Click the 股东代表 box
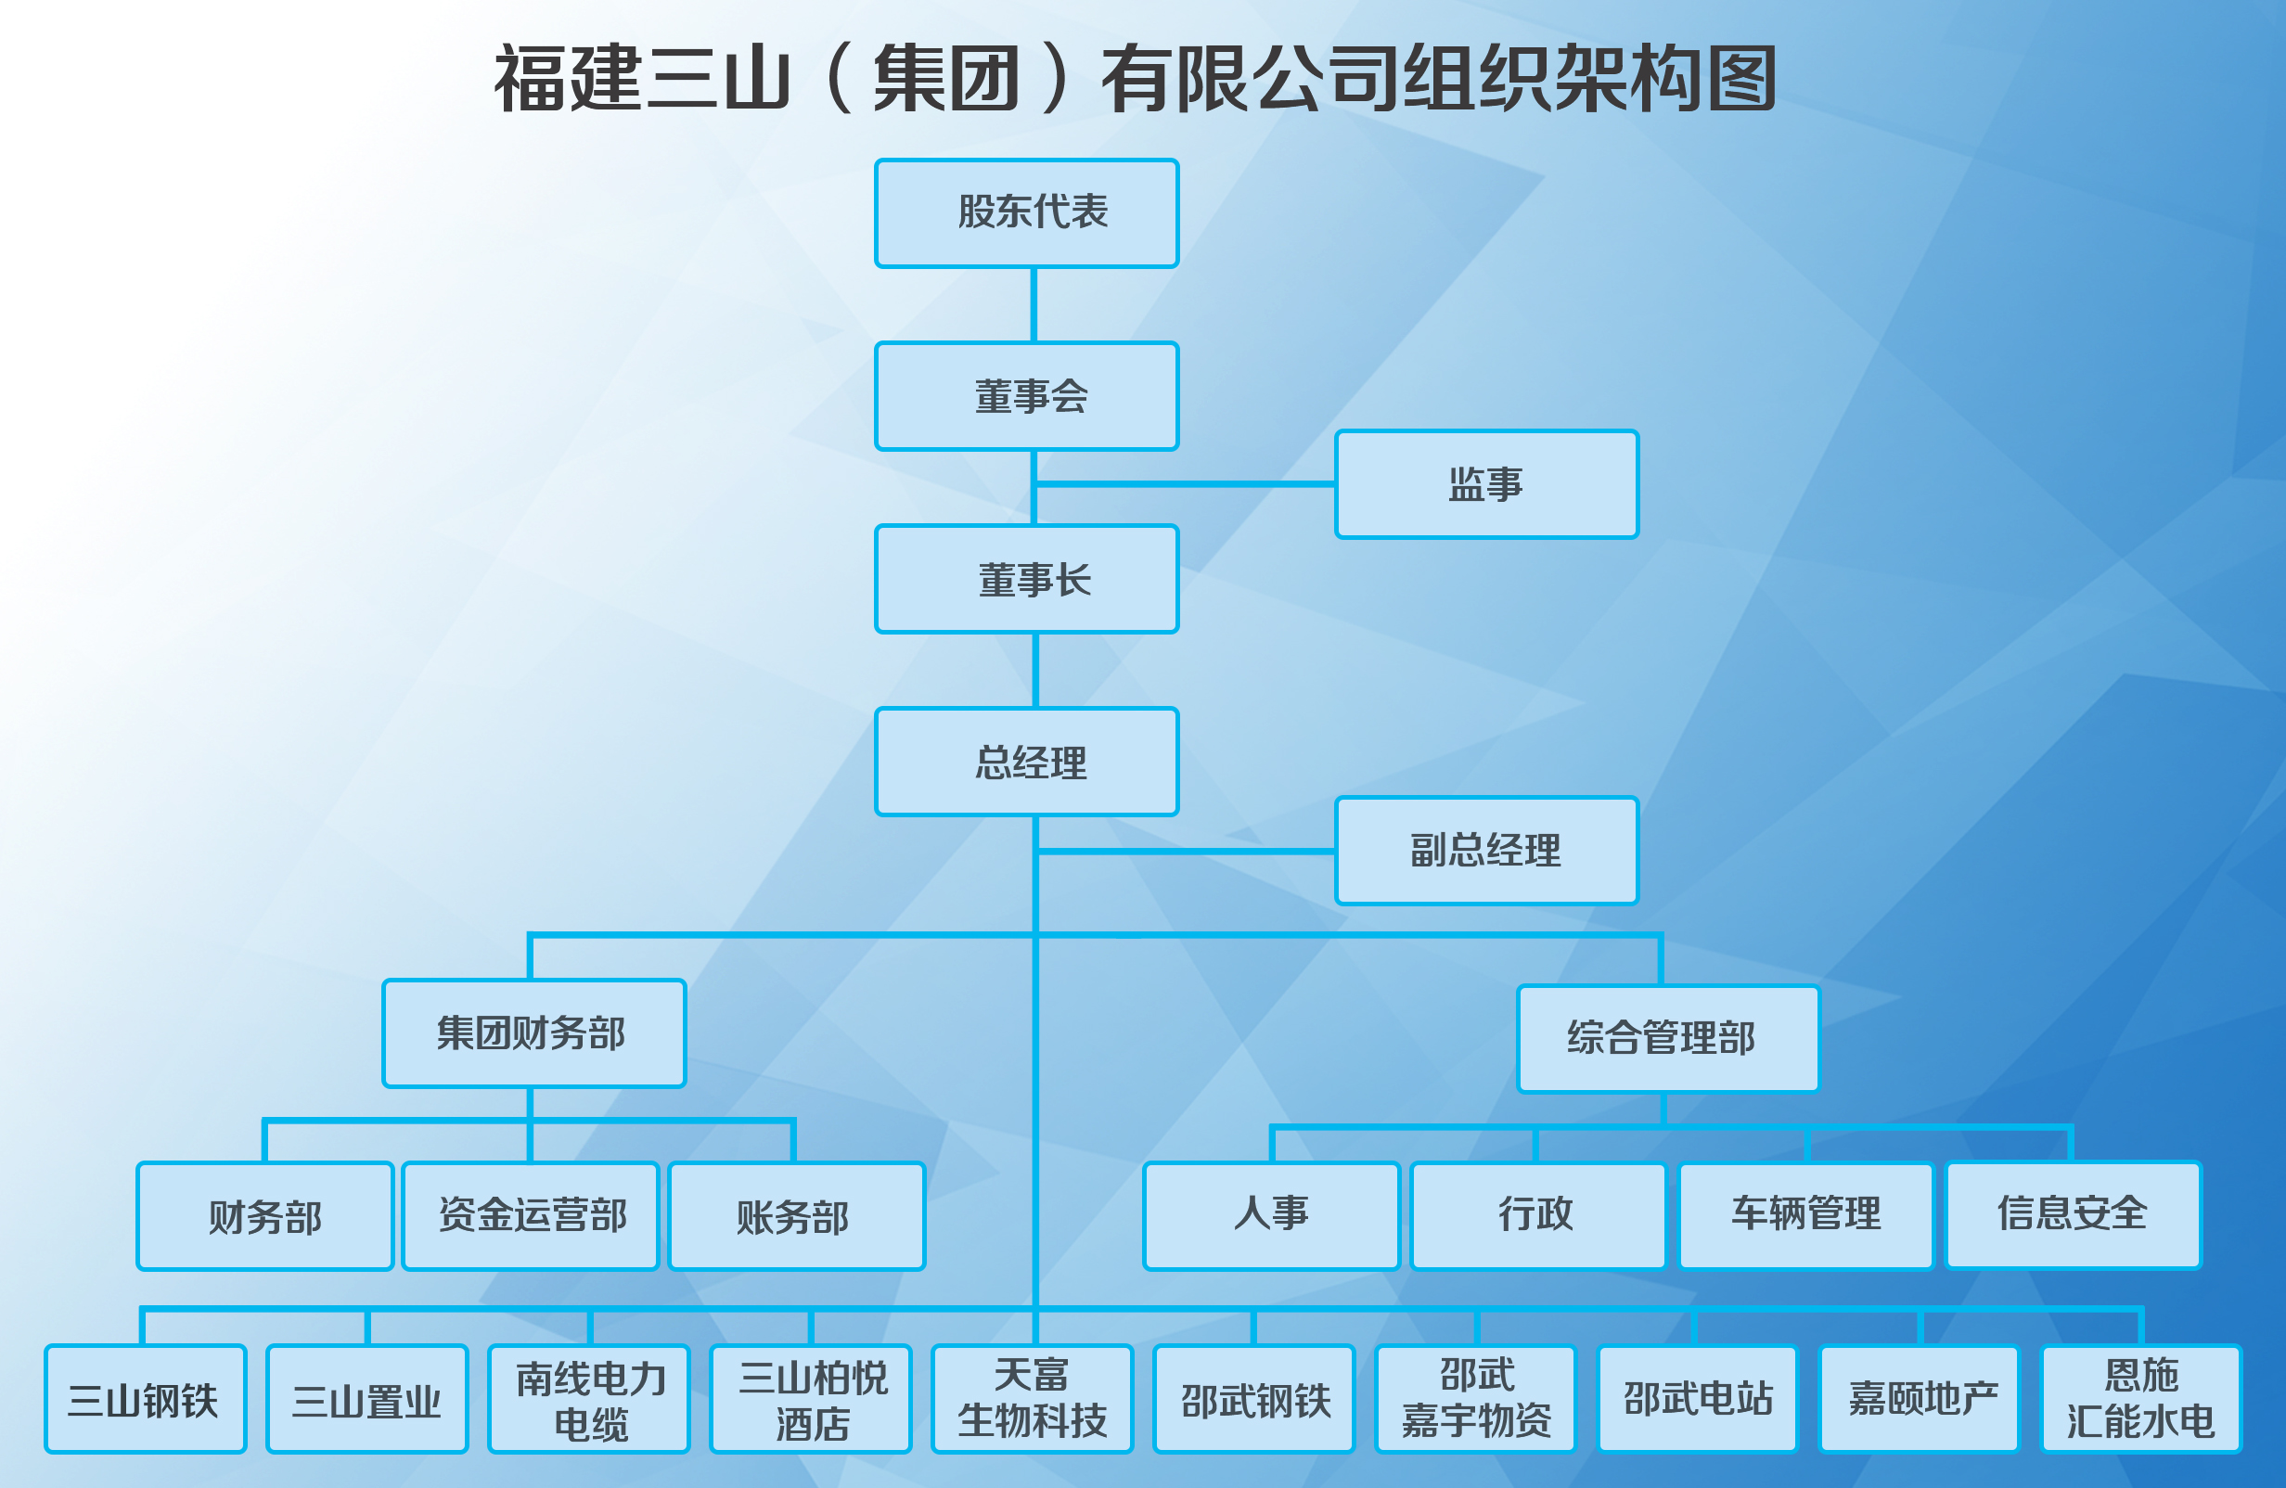click(x=1027, y=213)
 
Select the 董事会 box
click(x=1027, y=396)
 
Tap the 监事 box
click(x=1487, y=484)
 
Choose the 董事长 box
click(x=1027, y=579)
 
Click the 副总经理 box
click(x=1487, y=850)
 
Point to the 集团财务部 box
click(x=534, y=1033)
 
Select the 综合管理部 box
click(x=1668, y=1039)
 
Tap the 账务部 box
click(x=797, y=1216)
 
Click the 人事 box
click(x=1272, y=1216)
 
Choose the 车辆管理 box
click(x=1805, y=1216)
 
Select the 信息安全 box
click(x=2074, y=1216)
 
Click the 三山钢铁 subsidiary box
click(x=145, y=1399)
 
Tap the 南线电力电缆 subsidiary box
click(x=589, y=1399)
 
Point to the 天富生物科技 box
click(x=1033, y=1399)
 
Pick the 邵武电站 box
click(x=1697, y=1399)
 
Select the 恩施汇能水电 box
click(x=2141, y=1399)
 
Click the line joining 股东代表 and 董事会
click(x=1034, y=304)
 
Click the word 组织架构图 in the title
click(x=1590, y=79)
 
